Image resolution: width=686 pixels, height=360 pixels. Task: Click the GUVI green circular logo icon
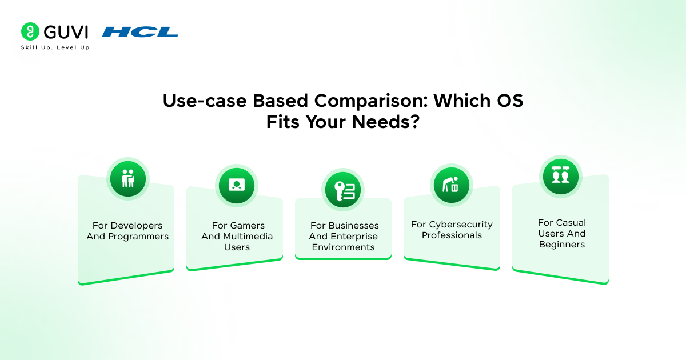point(30,31)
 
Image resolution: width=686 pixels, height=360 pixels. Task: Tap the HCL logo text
point(140,32)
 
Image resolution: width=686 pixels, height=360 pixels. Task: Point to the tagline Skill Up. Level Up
point(55,47)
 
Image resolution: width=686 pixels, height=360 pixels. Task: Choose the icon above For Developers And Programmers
point(128,179)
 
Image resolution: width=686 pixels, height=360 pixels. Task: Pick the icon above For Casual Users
point(560,175)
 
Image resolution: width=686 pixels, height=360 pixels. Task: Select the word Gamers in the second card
point(247,226)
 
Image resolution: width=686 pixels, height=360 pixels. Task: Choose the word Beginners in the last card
point(562,245)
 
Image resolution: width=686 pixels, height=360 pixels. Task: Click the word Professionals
point(452,235)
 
